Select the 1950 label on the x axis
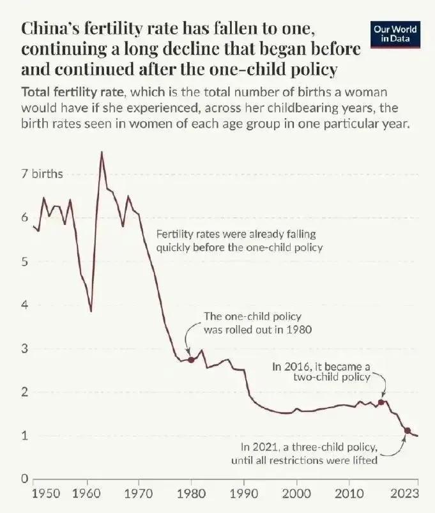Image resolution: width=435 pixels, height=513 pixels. [x=46, y=494]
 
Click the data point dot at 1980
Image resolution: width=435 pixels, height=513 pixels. [x=191, y=360]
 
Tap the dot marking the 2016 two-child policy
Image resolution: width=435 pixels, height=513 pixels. [x=381, y=402]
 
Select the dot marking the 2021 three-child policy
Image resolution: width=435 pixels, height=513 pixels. [x=407, y=431]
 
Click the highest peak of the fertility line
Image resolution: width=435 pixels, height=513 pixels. [x=101, y=152]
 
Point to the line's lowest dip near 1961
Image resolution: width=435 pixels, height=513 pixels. [x=91, y=311]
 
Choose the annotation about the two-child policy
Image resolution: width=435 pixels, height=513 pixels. [x=321, y=372]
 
